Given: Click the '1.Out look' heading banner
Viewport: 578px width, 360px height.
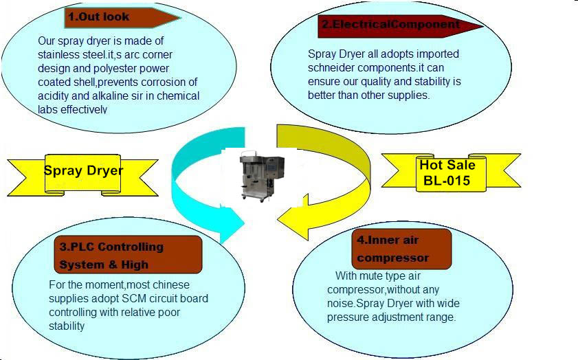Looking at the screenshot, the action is tap(122, 17).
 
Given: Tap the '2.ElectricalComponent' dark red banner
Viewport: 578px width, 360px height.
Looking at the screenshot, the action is tap(400, 26).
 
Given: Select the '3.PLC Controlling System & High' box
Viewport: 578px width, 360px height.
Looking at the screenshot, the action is tap(128, 255).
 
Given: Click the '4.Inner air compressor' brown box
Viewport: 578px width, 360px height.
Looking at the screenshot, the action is tap(401, 249).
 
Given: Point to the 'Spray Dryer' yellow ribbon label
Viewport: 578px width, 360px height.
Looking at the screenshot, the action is tap(83, 175).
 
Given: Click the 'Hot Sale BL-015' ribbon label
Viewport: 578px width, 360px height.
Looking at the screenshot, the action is tap(451, 172).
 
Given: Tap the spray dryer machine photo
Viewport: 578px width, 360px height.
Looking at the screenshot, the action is tap(262, 176).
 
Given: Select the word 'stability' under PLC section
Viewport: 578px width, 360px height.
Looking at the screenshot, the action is tap(67, 326).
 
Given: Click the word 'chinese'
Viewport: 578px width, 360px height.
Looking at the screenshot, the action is tap(170, 285).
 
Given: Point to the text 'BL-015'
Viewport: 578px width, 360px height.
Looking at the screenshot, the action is tap(447, 181).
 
